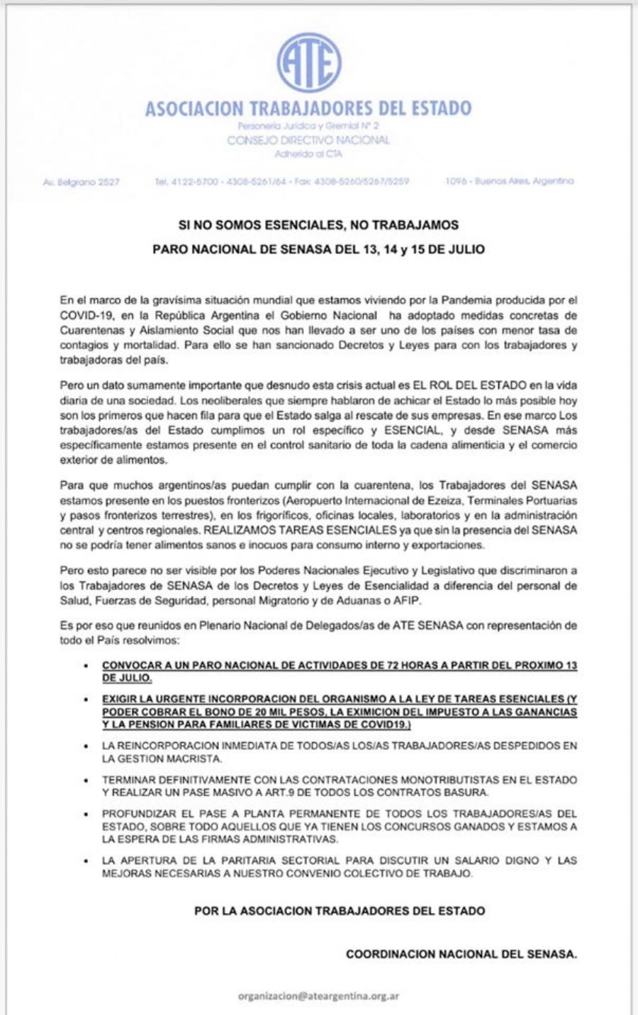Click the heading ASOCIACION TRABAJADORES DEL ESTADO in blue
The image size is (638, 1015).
tap(308, 108)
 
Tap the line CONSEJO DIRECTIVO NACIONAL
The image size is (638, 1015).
tap(308, 140)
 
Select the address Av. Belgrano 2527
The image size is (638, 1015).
tap(82, 182)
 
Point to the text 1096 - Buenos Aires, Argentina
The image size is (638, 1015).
tap(510, 181)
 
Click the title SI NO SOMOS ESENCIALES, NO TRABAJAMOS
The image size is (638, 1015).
tap(318, 225)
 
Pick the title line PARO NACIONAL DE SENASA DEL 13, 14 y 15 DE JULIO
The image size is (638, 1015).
tap(318, 249)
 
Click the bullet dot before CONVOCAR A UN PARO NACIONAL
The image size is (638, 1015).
tap(86, 667)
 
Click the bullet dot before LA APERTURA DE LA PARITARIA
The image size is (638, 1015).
tap(86, 861)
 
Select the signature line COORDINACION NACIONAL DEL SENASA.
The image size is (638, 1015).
tap(461, 954)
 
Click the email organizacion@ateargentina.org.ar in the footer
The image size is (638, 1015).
tap(318, 996)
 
